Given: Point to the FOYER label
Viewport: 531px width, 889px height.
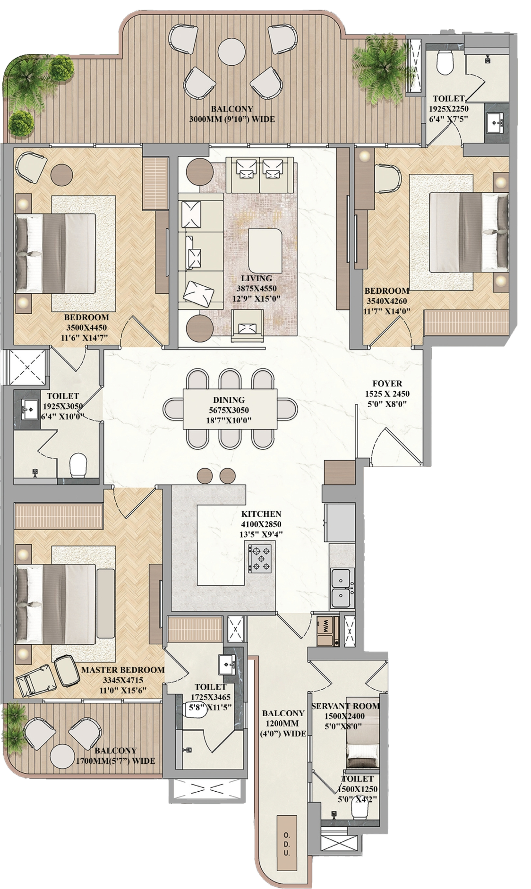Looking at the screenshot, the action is point(387,384).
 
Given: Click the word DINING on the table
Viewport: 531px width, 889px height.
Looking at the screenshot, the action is point(229,400).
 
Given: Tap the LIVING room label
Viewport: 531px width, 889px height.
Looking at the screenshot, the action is point(257,278).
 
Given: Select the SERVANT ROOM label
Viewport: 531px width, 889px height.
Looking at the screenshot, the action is point(345,706).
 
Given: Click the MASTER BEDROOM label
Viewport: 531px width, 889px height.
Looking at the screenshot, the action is point(123,670).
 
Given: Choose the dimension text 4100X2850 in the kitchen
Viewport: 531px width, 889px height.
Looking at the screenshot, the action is point(261,524).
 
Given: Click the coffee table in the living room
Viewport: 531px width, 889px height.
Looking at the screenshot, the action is point(266,244).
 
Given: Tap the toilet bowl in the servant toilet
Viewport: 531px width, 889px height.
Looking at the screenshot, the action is point(360,812).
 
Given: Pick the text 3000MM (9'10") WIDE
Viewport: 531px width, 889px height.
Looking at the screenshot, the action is point(231,119).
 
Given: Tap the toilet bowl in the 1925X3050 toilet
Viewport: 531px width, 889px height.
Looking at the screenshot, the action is point(78,465).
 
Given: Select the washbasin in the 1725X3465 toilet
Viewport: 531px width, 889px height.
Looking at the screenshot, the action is point(230,665).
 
